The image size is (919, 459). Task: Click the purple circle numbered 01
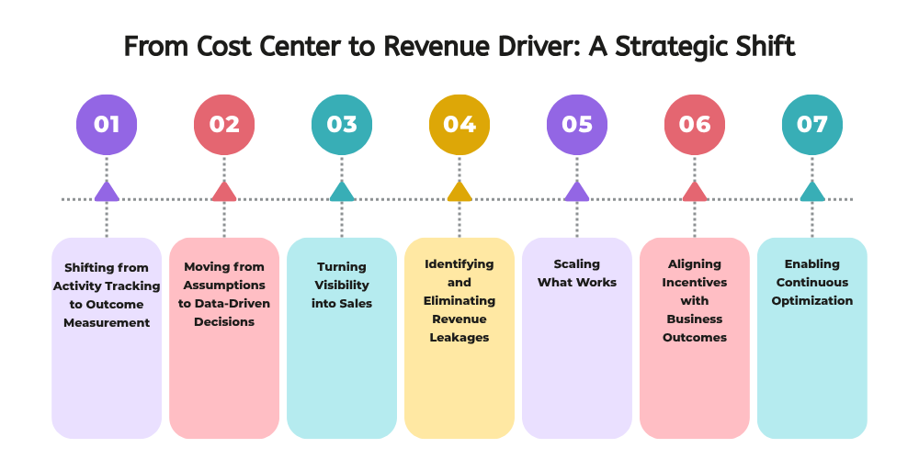pyautogui.click(x=107, y=124)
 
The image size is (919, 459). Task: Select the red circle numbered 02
pyautogui.click(x=224, y=124)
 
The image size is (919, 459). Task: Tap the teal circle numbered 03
pyautogui.click(x=342, y=124)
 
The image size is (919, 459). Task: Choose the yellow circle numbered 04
pyautogui.click(x=459, y=124)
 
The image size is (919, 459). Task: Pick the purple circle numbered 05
pyautogui.click(x=577, y=124)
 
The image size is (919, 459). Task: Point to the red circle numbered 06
pyautogui.click(x=695, y=124)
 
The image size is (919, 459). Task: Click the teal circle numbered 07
pyautogui.click(x=812, y=124)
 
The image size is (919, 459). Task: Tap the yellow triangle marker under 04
pyautogui.click(x=459, y=191)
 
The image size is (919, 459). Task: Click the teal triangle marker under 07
pyautogui.click(x=812, y=191)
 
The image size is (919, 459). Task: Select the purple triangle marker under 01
pyautogui.click(x=107, y=191)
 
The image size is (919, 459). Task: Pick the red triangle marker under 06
pyautogui.click(x=695, y=191)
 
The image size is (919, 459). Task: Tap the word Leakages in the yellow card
pyautogui.click(x=459, y=337)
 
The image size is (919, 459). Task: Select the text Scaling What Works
pyautogui.click(x=577, y=273)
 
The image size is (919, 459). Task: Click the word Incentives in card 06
pyautogui.click(x=695, y=282)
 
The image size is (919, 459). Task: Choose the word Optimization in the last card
pyautogui.click(x=812, y=300)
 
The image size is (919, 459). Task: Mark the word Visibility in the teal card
pyautogui.click(x=342, y=285)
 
